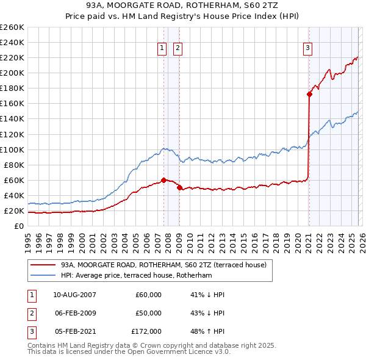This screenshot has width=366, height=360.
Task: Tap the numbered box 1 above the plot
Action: coord(162,48)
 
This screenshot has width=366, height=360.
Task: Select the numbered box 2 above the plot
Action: coord(178,48)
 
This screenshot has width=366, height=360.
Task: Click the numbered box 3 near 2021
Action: coord(308,48)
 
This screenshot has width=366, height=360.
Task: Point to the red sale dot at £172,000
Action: coord(309,94)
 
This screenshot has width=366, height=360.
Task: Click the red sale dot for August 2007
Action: coord(163,180)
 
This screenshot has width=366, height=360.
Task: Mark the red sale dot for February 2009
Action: coord(179,188)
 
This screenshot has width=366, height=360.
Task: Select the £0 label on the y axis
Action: coord(18,226)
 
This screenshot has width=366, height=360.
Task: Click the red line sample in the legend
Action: coord(43,265)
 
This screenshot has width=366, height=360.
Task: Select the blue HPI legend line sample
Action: coord(43,276)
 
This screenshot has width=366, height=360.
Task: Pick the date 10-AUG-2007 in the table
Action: coord(74,295)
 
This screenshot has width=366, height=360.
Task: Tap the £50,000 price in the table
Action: coord(148,313)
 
